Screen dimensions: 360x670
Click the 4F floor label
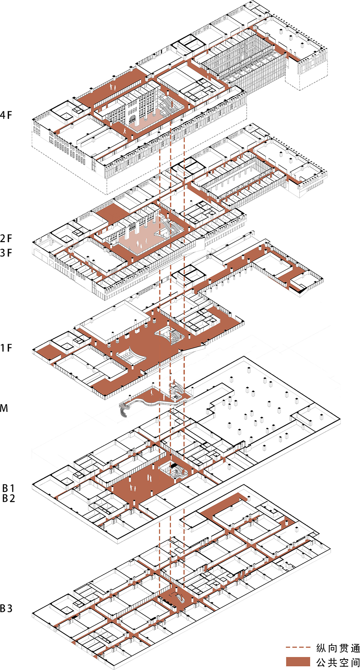pos(6,115)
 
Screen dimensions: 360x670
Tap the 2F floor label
pos(6,238)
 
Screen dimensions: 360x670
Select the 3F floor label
pos(6,253)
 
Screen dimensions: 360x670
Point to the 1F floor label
pos(6,348)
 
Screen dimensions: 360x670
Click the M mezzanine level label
pos(4,408)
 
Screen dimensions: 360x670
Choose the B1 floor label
pos(8,488)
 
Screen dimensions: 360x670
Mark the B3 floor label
pos(6,608)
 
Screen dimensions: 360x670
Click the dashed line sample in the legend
pos(298,647)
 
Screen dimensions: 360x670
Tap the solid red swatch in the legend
pos(298,662)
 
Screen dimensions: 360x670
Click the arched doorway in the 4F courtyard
pos(132,120)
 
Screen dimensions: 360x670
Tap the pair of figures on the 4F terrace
pos(112,87)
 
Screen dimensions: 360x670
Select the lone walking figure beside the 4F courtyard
pos(125,131)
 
